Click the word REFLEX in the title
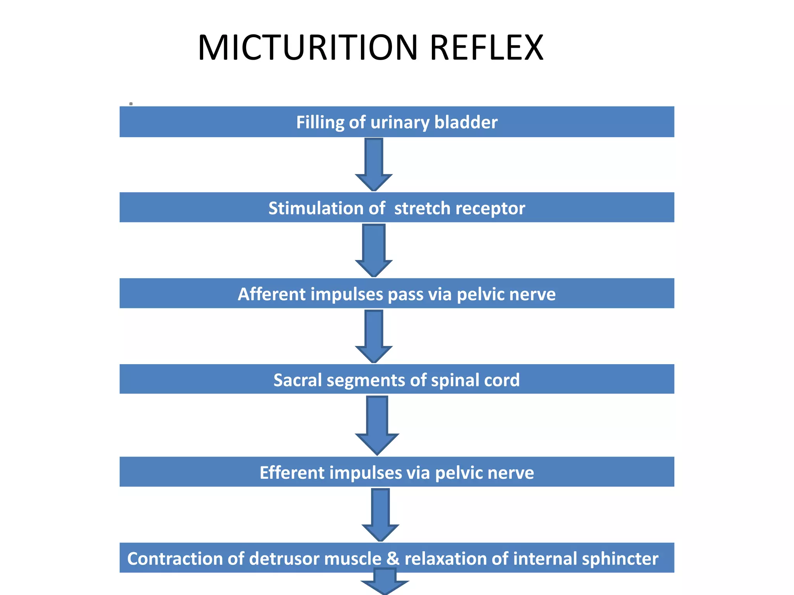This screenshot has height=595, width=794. coord(487,48)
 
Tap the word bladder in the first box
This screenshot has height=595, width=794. coord(466,122)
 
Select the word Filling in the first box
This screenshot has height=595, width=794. coord(320,122)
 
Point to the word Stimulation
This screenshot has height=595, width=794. coord(316,208)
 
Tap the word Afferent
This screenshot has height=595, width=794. coord(271,294)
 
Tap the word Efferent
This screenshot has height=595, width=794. coord(292,473)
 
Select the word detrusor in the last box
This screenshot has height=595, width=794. coord(284,559)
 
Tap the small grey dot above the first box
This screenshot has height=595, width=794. coord(131,104)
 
